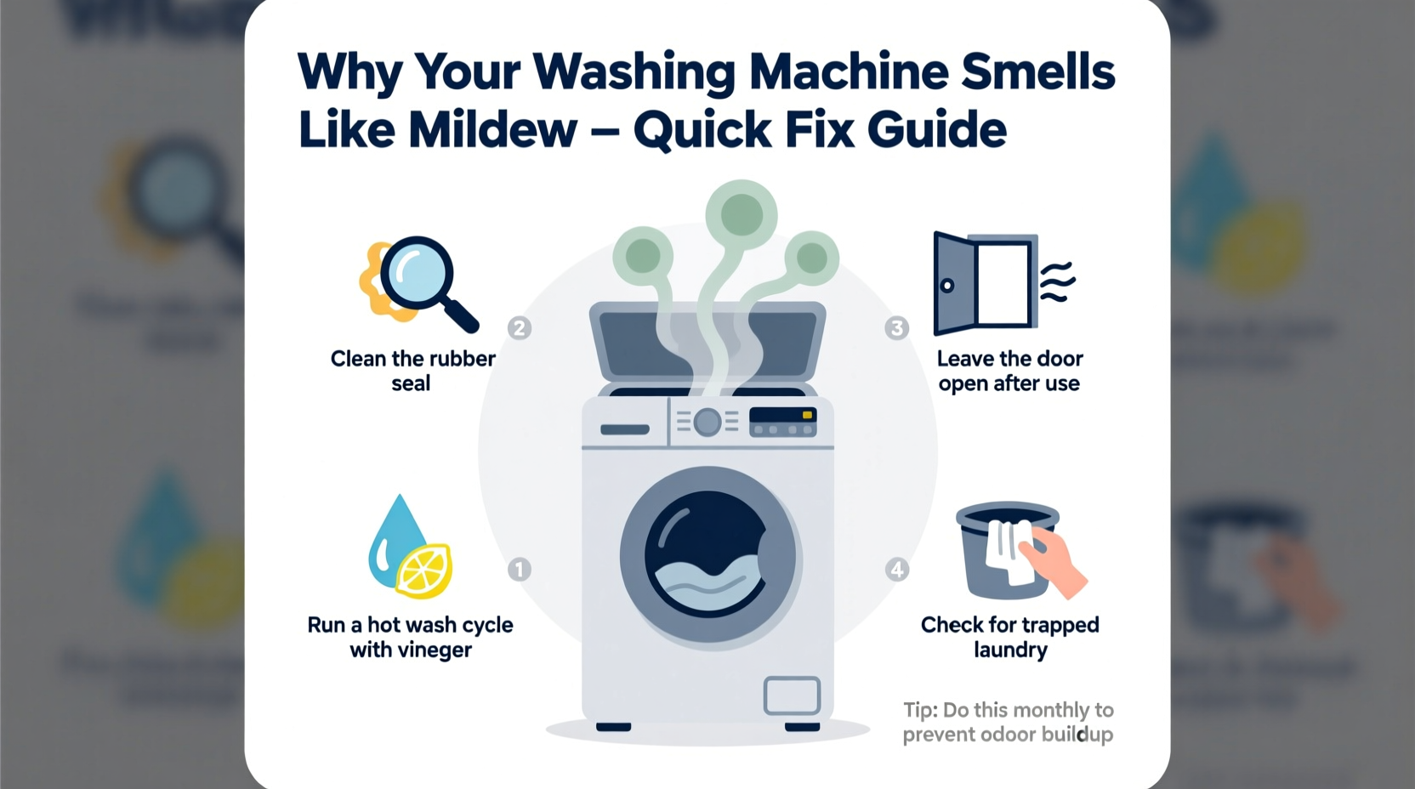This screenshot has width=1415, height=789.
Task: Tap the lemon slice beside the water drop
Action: pyautogui.click(x=425, y=570)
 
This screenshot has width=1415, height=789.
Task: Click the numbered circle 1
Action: pyautogui.click(x=520, y=569)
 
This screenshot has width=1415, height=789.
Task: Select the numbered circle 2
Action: pyautogui.click(x=520, y=328)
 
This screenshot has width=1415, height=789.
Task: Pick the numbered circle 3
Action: pyautogui.click(x=896, y=328)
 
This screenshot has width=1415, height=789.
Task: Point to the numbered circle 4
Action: pyautogui.click(x=896, y=569)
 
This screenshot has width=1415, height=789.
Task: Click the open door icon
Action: pyautogui.click(x=985, y=283)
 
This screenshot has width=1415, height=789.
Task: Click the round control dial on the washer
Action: pyautogui.click(x=707, y=422)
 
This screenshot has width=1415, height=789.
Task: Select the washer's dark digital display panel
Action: pyautogui.click(x=783, y=421)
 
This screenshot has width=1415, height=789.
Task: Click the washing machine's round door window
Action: pyautogui.click(x=708, y=558)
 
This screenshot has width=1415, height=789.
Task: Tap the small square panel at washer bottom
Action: pyautogui.click(x=792, y=695)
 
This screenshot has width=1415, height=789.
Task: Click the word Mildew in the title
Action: pyautogui.click(x=492, y=130)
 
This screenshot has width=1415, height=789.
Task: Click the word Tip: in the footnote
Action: pyautogui.click(x=920, y=710)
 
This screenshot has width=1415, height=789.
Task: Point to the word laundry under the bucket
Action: pyautogui.click(x=1010, y=650)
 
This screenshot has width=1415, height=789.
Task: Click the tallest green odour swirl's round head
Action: pyautogui.click(x=742, y=213)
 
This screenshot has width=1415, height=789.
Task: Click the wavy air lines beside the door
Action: pyautogui.click(x=1058, y=282)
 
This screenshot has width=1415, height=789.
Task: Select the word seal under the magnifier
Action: pyautogui.click(x=411, y=383)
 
